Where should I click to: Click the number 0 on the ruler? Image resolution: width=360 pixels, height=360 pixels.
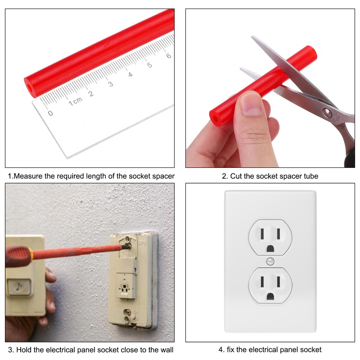point(50,113)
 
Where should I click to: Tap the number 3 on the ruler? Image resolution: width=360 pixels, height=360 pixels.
point(110,84)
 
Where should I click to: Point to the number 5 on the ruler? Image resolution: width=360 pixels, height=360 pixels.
point(149,65)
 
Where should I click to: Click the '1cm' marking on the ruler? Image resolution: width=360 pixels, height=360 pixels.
point(75,102)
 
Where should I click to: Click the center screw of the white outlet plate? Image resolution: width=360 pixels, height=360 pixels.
point(270,261)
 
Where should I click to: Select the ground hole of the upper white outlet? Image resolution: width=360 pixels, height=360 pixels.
point(270,248)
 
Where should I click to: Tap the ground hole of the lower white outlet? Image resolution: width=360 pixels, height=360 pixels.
point(270,296)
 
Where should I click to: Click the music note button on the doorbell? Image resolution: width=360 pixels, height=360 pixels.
point(19,287)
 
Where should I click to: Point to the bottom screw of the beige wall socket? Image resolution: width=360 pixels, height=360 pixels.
point(129,311)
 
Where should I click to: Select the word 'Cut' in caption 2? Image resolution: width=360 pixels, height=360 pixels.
point(236,176)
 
